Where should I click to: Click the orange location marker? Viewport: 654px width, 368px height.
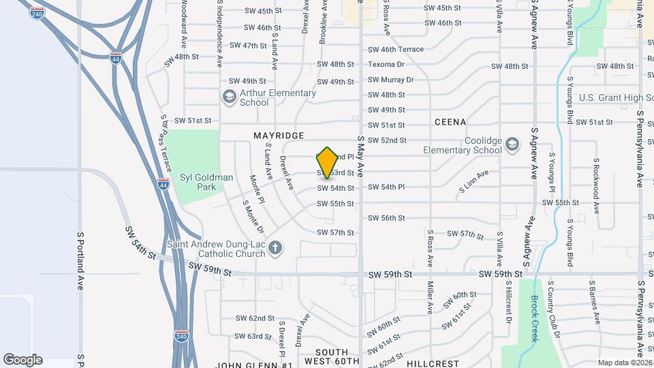tap(328, 163)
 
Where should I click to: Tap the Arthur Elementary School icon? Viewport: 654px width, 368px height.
tap(229, 97)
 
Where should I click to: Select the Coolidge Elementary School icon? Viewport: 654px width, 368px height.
tap(512, 144)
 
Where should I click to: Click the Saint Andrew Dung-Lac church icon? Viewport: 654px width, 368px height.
tap(275, 248)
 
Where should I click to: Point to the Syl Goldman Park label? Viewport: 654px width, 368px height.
tap(206, 182)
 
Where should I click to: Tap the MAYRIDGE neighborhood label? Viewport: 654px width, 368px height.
tap(279, 136)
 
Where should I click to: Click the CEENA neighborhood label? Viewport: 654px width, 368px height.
tap(450, 122)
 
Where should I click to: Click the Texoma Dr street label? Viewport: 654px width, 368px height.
tap(386, 65)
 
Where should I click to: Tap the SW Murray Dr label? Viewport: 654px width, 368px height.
tap(391, 80)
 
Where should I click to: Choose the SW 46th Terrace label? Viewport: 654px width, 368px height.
tap(396, 50)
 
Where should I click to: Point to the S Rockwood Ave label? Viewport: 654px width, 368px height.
tap(595, 187)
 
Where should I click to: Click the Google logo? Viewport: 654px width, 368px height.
tap(22, 360)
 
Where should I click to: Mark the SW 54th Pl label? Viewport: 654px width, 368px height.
tap(386, 187)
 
